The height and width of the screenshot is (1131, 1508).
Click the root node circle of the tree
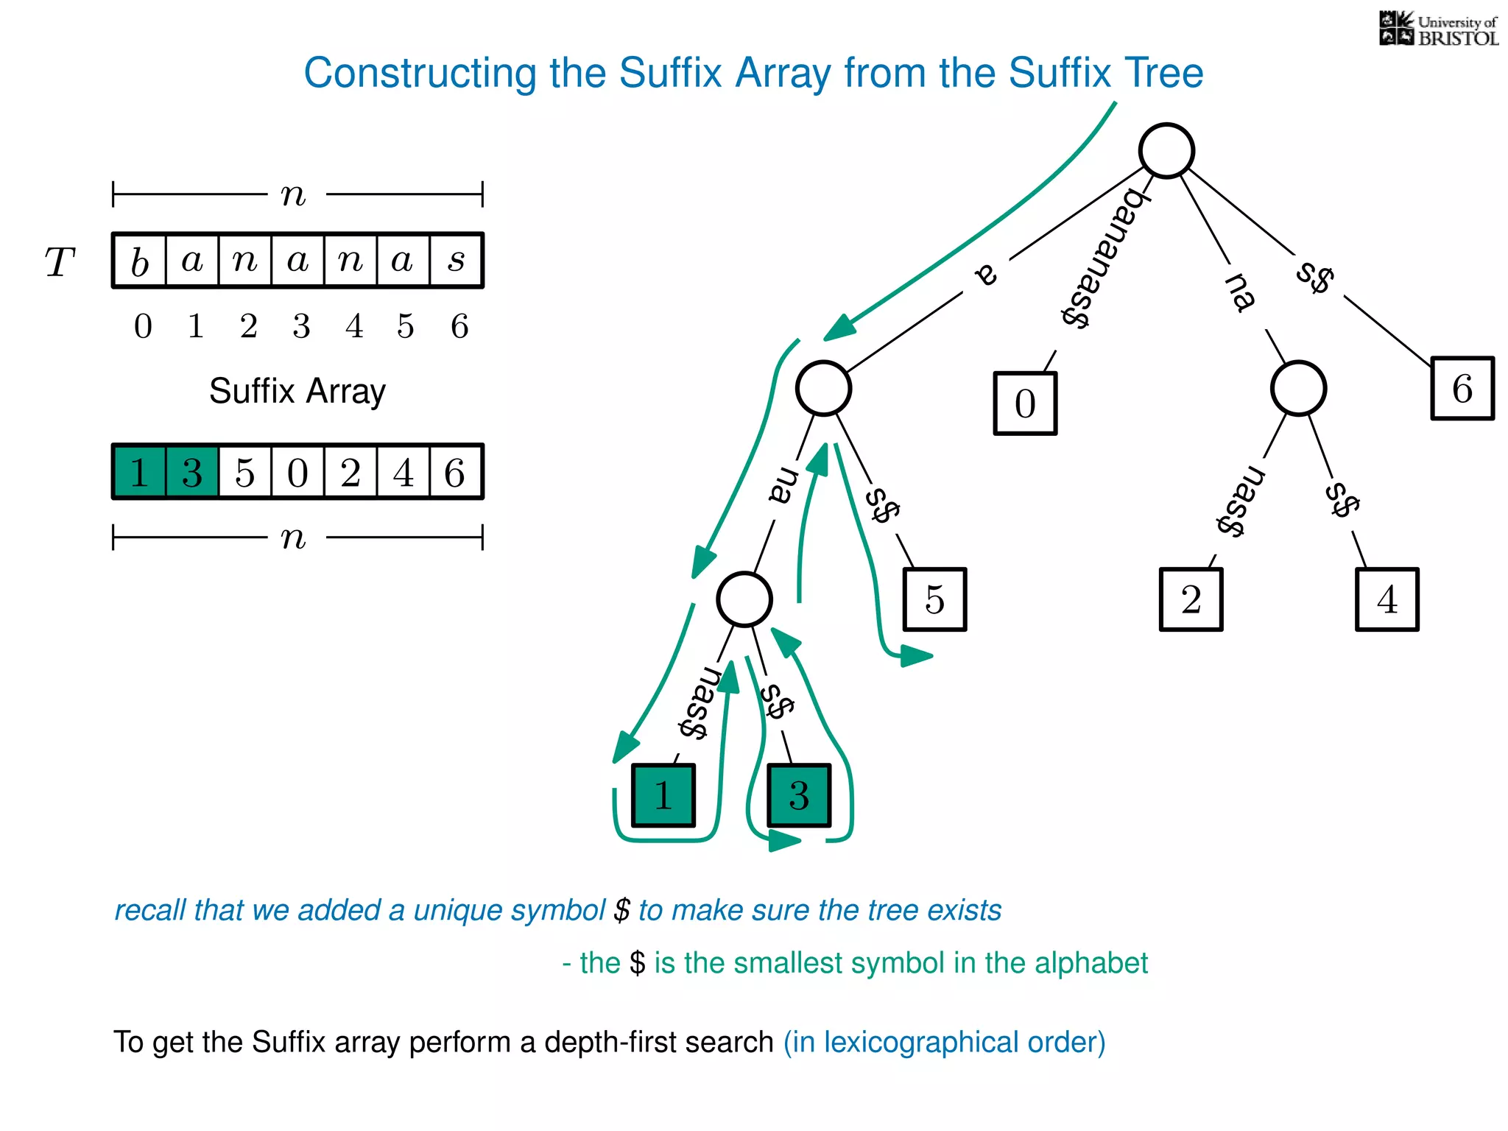coord(1166,151)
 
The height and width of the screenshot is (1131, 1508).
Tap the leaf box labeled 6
coord(1462,388)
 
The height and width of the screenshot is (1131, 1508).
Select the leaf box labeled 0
coord(1025,404)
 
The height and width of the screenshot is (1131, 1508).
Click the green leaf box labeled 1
coord(663,795)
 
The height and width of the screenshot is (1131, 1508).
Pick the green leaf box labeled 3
coord(799,795)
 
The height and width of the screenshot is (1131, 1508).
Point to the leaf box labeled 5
coord(934,599)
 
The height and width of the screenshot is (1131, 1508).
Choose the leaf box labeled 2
coord(1191,599)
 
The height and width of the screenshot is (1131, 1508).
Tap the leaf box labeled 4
coord(1387,599)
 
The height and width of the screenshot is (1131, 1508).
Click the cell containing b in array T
coord(140,261)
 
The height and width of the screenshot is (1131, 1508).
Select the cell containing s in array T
coord(456,261)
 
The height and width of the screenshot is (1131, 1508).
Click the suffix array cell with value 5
coord(244,472)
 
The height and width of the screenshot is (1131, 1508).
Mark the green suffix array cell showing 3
coord(192,472)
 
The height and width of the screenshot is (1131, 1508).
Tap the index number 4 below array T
coord(354,326)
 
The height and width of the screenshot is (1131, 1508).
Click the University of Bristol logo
coord(1438,29)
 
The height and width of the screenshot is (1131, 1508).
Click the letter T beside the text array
coord(60,262)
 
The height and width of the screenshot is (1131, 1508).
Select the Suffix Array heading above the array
coord(297,391)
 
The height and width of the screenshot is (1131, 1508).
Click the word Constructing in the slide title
coord(420,74)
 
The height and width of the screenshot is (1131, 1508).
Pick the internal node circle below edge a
coord(823,388)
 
